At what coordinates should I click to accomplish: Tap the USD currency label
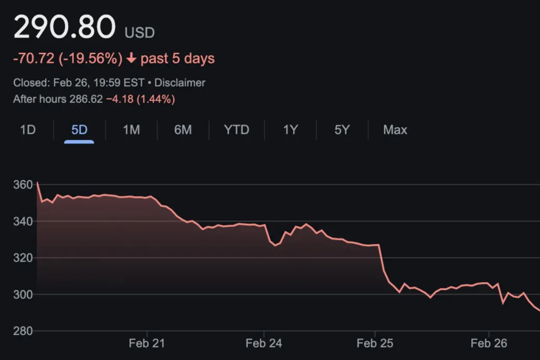point(139,33)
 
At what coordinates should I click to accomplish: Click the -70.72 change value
point(34,58)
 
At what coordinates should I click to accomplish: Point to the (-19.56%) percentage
point(90,58)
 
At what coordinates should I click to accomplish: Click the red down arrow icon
point(131,58)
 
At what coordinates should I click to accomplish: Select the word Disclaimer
point(180,83)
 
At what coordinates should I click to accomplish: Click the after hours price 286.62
point(86,99)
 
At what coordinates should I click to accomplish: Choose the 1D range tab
point(28,130)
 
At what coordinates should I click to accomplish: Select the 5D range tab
point(79,130)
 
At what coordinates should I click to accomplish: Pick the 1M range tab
point(131,130)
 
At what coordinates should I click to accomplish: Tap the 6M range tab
point(183,130)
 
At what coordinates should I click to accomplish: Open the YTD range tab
point(236,130)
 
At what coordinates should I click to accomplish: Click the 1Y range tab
point(290,130)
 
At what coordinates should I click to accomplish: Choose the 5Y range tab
point(342,130)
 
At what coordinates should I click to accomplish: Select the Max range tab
point(395,130)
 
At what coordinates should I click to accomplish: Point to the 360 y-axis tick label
point(23,185)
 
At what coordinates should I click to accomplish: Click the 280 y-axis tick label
point(23,331)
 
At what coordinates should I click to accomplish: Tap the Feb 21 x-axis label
point(147,343)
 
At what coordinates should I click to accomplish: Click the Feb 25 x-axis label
point(375,343)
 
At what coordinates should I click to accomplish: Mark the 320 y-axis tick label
point(23,258)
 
